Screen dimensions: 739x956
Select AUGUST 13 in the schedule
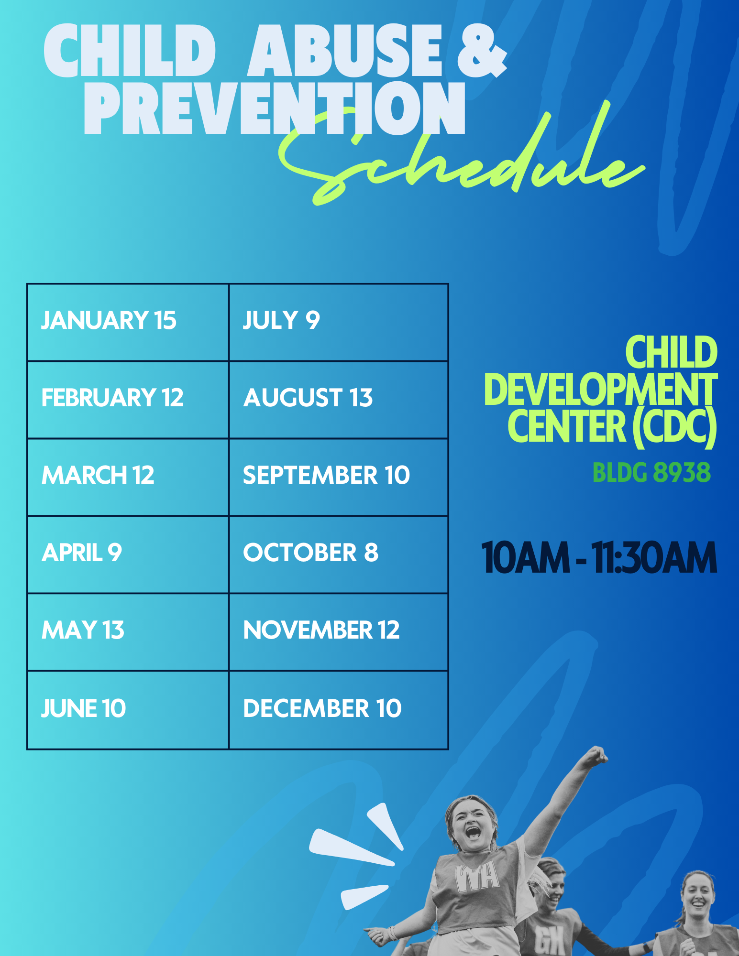(x=308, y=398)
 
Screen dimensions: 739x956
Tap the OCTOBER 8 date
(x=311, y=553)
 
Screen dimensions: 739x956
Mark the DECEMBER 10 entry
(x=322, y=708)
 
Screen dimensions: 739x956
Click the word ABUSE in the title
(x=344, y=50)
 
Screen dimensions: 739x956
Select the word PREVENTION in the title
(x=275, y=108)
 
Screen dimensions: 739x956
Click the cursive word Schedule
(x=462, y=155)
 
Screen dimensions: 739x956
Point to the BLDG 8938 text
(x=651, y=473)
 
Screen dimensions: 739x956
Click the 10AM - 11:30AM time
(x=599, y=557)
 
